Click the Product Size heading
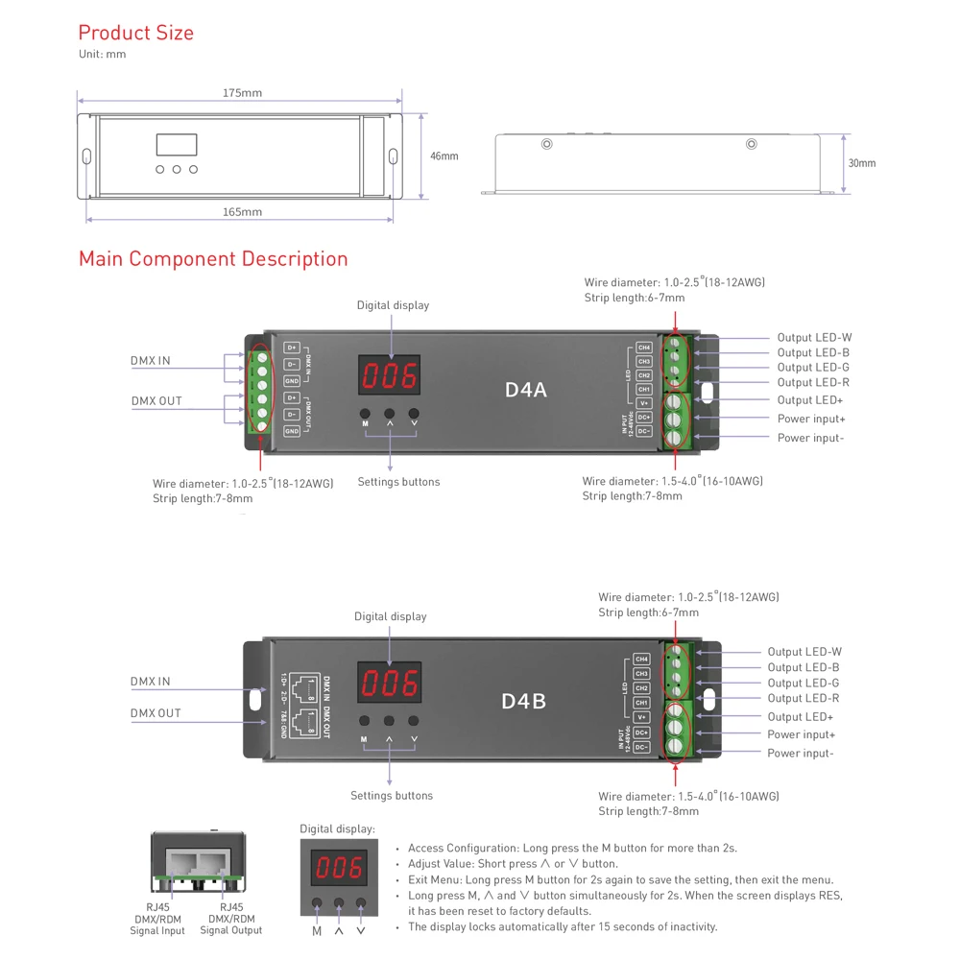tap(135, 33)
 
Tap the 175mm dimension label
tap(242, 93)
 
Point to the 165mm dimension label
tap(242, 212)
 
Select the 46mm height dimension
tap(444, 156)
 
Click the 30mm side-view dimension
tap(861, 163)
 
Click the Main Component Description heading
tap(213, 258)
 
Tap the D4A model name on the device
tap(525, 390)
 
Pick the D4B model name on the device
tap(523, 702)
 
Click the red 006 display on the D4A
tap(390, 376)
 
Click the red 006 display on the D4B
tap(389, 684)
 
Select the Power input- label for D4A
tap(810, 438)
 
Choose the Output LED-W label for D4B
tap(804, 652)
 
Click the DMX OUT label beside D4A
tap(156, 401)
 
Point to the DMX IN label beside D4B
tap(150, 682)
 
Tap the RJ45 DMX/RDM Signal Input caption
tap(157, 919)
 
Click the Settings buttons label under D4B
tap(391, 795)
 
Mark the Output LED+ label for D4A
tap(810, 399)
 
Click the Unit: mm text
tap(102, 55)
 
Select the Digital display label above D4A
tap(393, 305)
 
